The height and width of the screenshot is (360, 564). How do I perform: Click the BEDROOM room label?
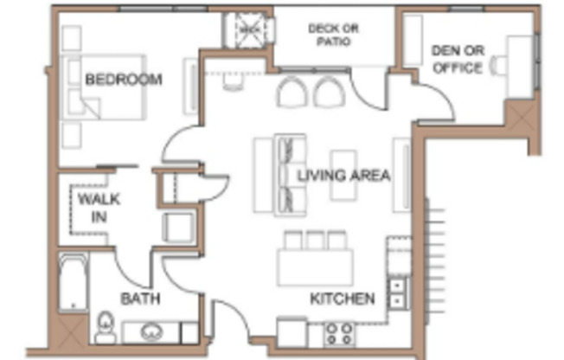(x=124, y=80)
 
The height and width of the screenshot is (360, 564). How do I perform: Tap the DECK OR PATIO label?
(x=333, y=35)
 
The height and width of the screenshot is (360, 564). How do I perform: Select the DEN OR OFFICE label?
(x=456, y=59)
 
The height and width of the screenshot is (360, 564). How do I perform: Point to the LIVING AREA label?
(x=343, y=175)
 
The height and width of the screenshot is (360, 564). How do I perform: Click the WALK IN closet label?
(x=99, y=208)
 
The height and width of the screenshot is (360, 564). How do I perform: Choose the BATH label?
(x=139, y=299)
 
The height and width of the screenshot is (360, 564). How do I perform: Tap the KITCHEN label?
(x=343, y=299)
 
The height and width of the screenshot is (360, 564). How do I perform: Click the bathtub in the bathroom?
(x=72, y=282)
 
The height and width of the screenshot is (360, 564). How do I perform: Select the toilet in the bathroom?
(x=105, y=326)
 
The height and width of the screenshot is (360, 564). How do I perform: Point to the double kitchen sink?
(x=397, y=292)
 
